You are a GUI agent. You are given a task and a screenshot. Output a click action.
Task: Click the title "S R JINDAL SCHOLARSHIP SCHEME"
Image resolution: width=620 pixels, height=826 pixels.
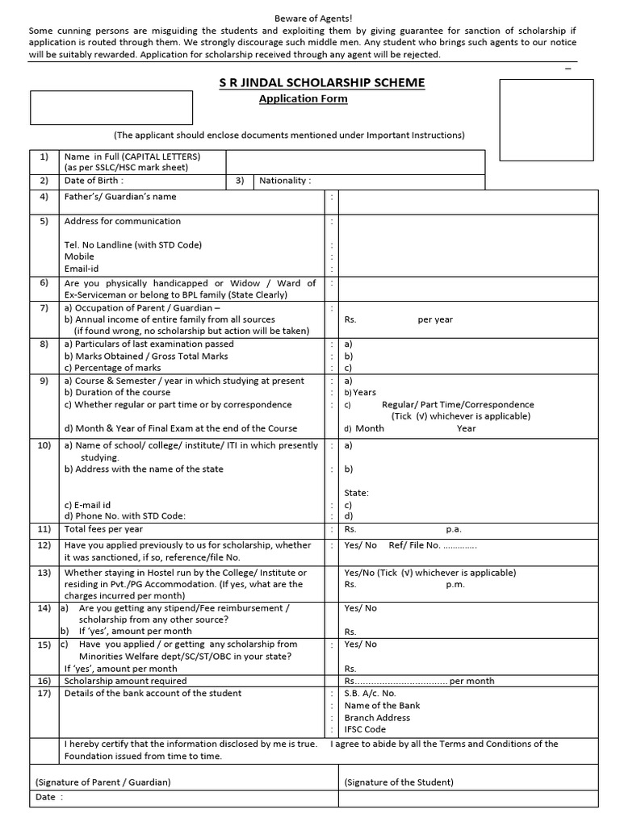pyautogui.click(x=322, y=83)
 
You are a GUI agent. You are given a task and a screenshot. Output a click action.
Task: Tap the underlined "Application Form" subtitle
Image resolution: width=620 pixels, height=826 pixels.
pyautogui.click(x=303, y=99)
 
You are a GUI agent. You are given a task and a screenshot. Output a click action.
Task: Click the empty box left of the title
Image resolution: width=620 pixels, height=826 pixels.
pyautogui.click(x=111, y=107)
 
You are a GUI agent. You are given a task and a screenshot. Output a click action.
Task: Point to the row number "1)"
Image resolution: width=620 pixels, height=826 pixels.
pyautogui.click(x=44, y=156)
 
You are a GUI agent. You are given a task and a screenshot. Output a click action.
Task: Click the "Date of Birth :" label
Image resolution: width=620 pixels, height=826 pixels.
pyautogui.click(x=94, y=181)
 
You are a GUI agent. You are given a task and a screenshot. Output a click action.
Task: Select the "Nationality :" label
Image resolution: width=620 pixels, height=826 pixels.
pyautogui.click(x=284, y=181)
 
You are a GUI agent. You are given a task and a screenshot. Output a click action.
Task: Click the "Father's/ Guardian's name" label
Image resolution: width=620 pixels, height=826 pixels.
pyautogui.click(x=120, y=197)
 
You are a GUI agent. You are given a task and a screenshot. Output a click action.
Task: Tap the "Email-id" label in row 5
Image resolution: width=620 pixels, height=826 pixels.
pyautogui.click(x=82, y=269)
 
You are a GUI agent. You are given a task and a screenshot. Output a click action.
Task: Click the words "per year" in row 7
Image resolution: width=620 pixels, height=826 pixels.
pyautogui.click(x=435, y=319)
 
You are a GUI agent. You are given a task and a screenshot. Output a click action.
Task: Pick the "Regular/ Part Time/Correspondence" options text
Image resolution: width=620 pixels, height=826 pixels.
pyautogui.click(x=458, y=405)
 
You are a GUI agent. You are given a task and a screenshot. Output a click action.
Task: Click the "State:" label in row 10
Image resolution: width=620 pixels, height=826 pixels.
pyautogui.click(x=356, y=493)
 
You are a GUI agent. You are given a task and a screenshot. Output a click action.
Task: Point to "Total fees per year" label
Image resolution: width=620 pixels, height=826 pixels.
pyautogui.click(x=103, y=529)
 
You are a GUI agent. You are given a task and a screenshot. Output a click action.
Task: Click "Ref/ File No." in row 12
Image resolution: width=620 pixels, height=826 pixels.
pyautogui.click(x=414, y=545)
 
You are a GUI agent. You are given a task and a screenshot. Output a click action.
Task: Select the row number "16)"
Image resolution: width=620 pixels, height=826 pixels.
pyautogui.click(x=44, y=681)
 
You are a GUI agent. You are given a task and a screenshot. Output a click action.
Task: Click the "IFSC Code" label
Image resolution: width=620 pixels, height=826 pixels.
pyautogui.click(x=365, y=729)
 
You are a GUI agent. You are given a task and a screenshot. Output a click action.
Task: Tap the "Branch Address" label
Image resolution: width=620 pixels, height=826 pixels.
pyautogui.click(x=377, y=717)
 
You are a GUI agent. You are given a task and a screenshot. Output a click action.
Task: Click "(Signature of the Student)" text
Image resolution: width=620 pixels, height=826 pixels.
pyautogui.click(x=399, y=782)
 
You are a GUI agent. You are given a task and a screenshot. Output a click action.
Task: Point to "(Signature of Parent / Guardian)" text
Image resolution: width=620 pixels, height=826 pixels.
pyautogui.click(x=103, y=782)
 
